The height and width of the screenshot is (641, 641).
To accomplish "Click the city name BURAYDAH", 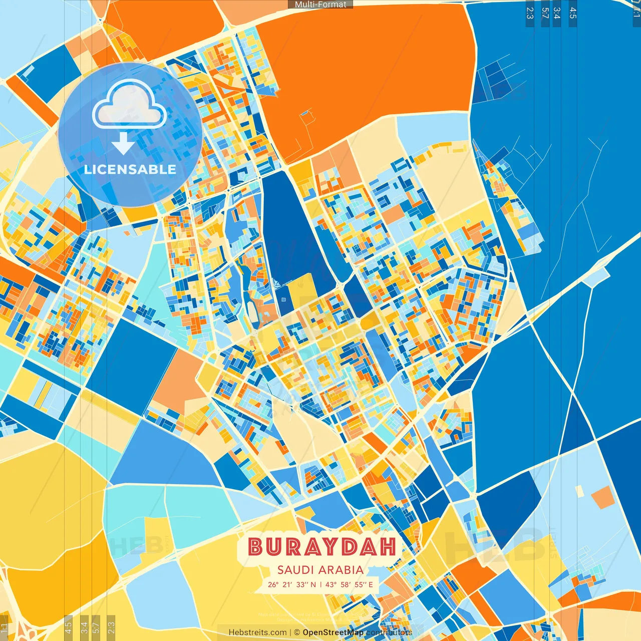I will click(322, 547).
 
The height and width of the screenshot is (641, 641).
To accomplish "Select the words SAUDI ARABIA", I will click(320, 570).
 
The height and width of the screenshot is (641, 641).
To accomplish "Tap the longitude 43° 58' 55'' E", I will click(350, 584).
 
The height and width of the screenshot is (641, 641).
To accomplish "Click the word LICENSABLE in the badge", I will click(130, 169).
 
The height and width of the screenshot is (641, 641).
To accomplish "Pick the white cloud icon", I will click(129, 105).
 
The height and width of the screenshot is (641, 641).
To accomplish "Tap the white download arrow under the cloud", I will click(123, 143).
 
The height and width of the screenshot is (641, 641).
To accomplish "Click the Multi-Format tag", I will click(320, 5).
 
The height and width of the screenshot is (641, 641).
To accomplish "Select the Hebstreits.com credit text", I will click(257, 632).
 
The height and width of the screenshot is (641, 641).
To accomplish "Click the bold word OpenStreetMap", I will click(333, 632).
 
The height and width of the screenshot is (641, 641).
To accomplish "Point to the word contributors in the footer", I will click(389, 632).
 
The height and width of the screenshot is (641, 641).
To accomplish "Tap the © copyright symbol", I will click(296, 632).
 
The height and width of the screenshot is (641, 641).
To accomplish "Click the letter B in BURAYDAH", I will click(256, 547).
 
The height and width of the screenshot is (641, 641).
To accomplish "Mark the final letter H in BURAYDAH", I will click(388, 547).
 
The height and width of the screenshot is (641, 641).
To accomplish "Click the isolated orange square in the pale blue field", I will click(603, 497).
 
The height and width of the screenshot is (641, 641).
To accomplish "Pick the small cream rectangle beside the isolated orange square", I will click(579, 491).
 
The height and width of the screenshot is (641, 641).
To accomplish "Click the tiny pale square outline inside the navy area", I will click(284, 300).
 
